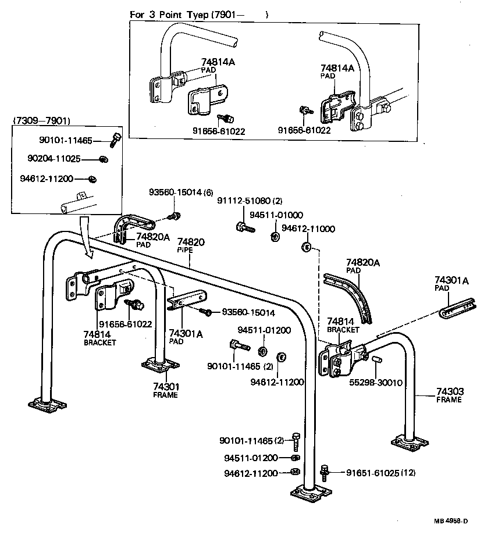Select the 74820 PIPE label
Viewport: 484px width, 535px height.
coord(190,245)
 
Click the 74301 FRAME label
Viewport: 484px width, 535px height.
coord(166,390)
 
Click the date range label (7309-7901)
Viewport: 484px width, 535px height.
coord(41,121)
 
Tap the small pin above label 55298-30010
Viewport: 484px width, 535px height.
coord(376,363)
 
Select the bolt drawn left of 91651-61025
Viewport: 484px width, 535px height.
coord(325,471)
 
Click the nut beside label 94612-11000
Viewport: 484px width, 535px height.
coord(305,247)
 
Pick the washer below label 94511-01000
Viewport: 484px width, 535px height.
coord(273,237)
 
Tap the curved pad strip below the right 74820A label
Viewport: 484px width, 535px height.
coord(352,294)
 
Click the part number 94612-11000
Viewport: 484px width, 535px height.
coord(308,229)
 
